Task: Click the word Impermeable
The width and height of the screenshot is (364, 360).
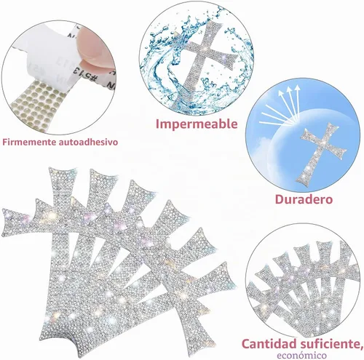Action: [197, 124]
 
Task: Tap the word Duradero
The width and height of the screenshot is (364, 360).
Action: [304, 199]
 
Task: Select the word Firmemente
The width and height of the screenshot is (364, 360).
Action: [29, 142]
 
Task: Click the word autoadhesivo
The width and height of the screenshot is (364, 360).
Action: [88, 142]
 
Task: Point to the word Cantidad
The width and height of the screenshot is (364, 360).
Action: [269, 344]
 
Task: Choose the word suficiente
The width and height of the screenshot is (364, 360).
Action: [330, 344]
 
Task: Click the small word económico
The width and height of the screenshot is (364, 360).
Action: [301, 356]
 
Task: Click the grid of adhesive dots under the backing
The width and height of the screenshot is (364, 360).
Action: [36, 103]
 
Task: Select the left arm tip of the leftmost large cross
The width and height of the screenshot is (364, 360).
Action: [9, 223]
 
